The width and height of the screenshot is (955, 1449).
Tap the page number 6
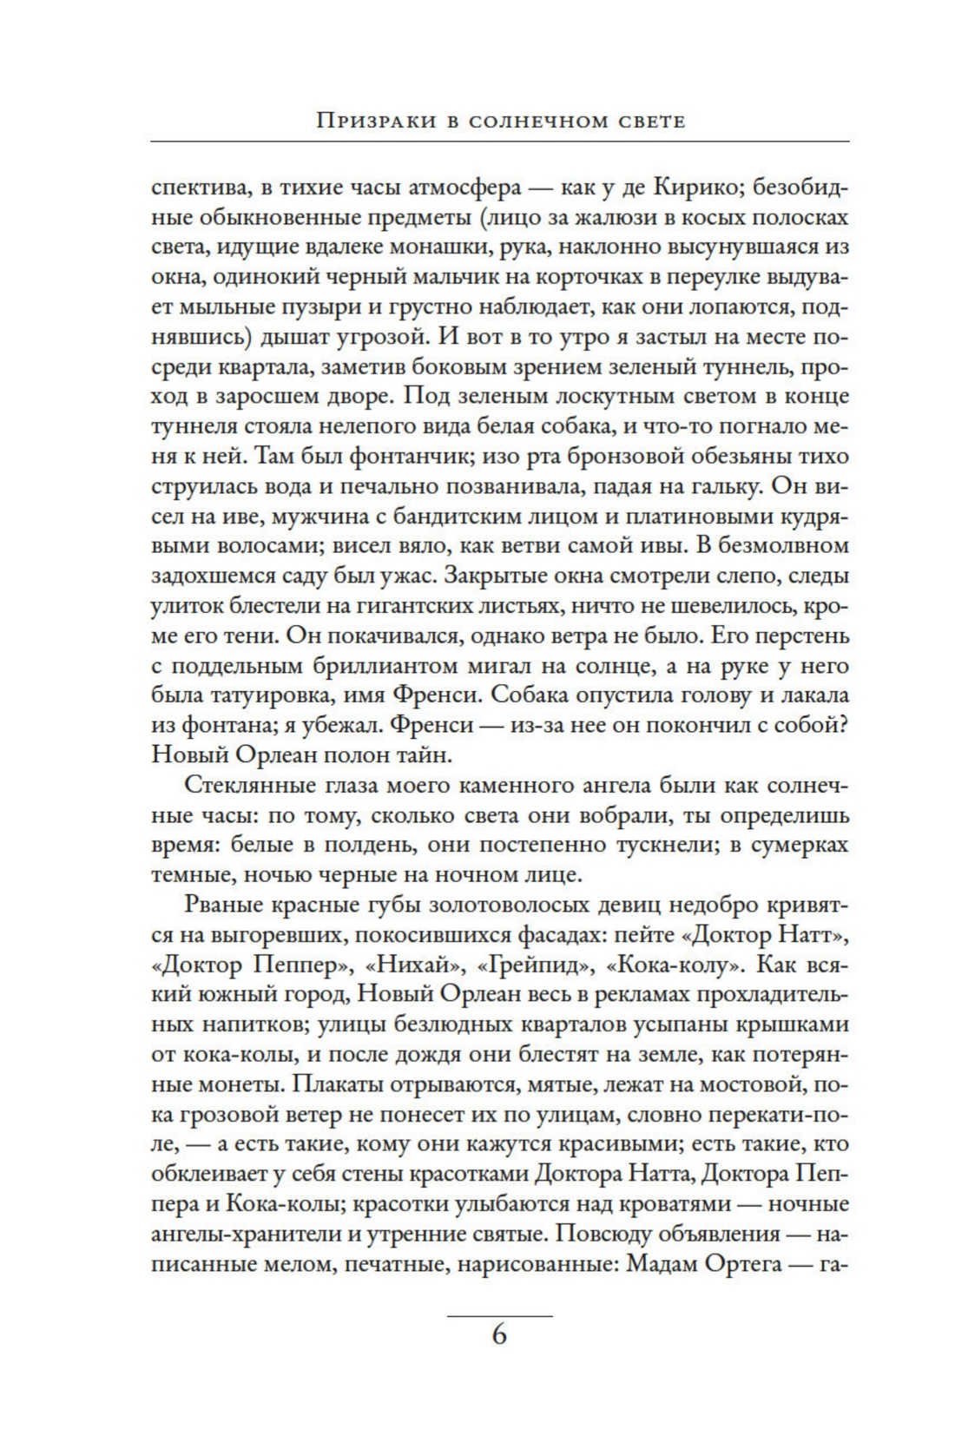click(x=499, y=1334)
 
